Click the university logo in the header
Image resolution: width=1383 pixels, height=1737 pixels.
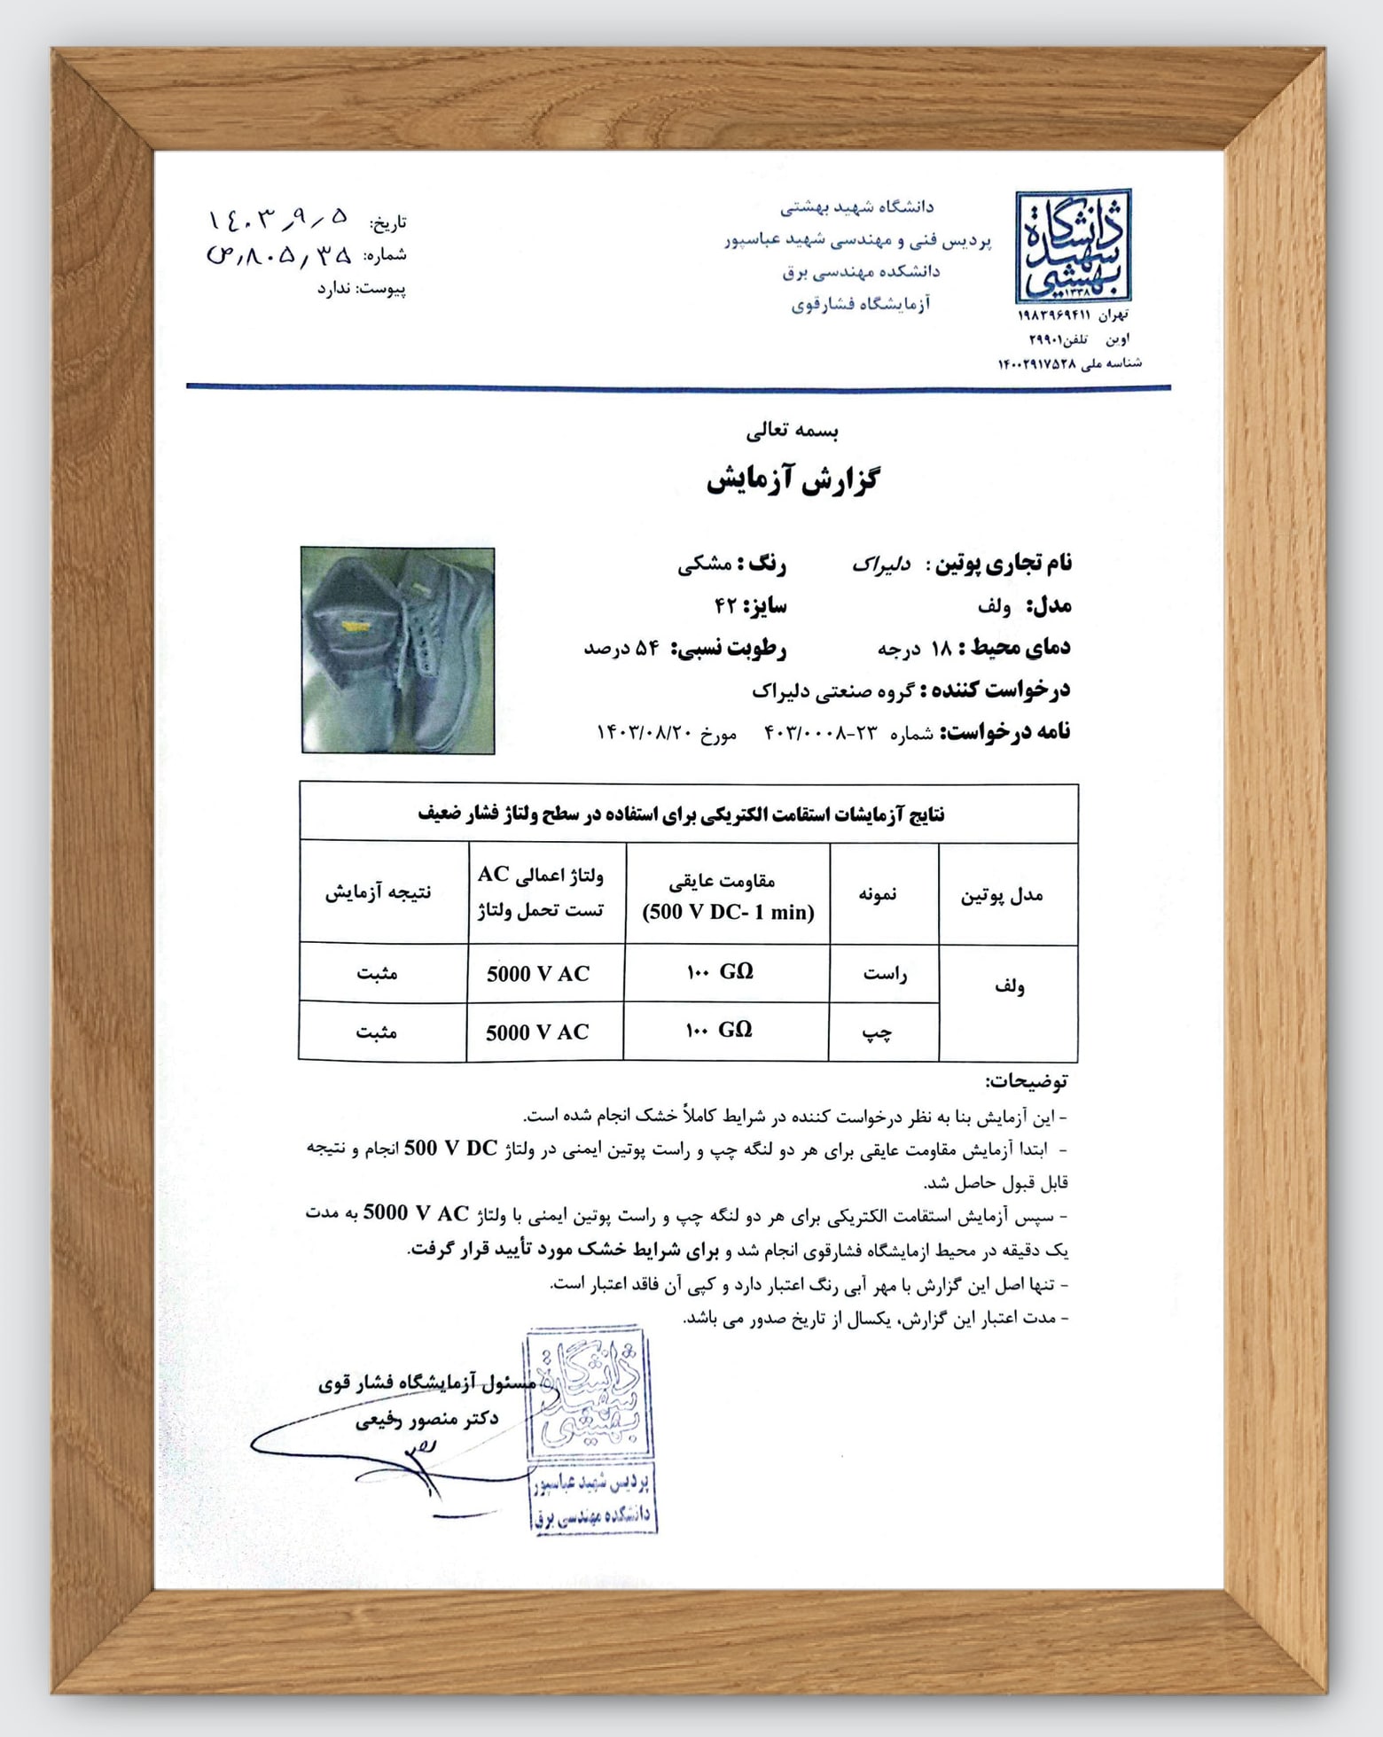click(1073, 246)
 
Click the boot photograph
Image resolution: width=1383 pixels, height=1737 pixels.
click(397, 650)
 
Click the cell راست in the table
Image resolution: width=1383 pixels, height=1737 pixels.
click(884, 974)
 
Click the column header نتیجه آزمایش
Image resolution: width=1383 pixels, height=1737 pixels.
click(378, 892)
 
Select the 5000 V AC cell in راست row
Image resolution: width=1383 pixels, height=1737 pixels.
click(537, 974)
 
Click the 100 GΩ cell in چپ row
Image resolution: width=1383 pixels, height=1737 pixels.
click(719, 1030)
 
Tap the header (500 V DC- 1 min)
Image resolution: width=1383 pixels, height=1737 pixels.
click(728, 912)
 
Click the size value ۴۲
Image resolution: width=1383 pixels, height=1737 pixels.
click(726, 606)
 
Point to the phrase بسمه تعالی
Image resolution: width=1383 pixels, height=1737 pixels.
click(793, 432)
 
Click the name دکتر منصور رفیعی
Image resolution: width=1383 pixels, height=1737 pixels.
click(426, 1419)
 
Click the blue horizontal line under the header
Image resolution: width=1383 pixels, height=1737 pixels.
click(678, 387)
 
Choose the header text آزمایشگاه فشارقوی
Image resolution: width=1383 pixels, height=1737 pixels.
click(860, 305)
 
